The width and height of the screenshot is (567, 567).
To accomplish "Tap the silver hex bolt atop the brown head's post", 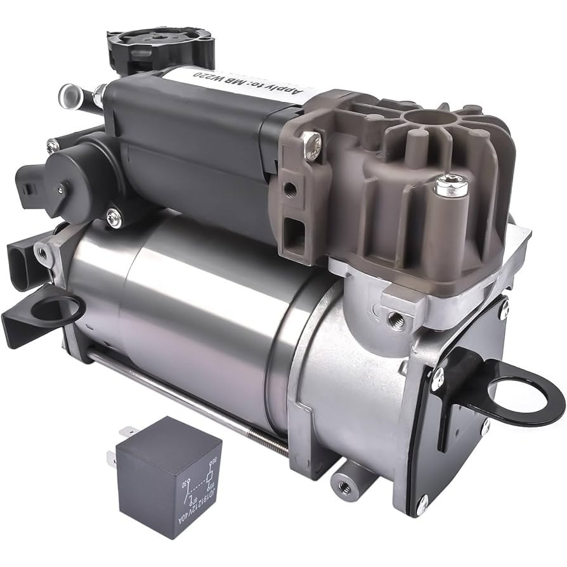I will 452,186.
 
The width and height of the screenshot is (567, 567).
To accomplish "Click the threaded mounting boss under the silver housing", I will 345,486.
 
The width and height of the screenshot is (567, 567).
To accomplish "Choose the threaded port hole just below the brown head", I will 397,321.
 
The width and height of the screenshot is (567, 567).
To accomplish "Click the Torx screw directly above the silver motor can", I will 114,219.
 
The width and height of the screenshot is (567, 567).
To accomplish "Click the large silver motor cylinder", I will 190,304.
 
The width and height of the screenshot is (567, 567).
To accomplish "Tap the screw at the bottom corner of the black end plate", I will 422,504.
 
